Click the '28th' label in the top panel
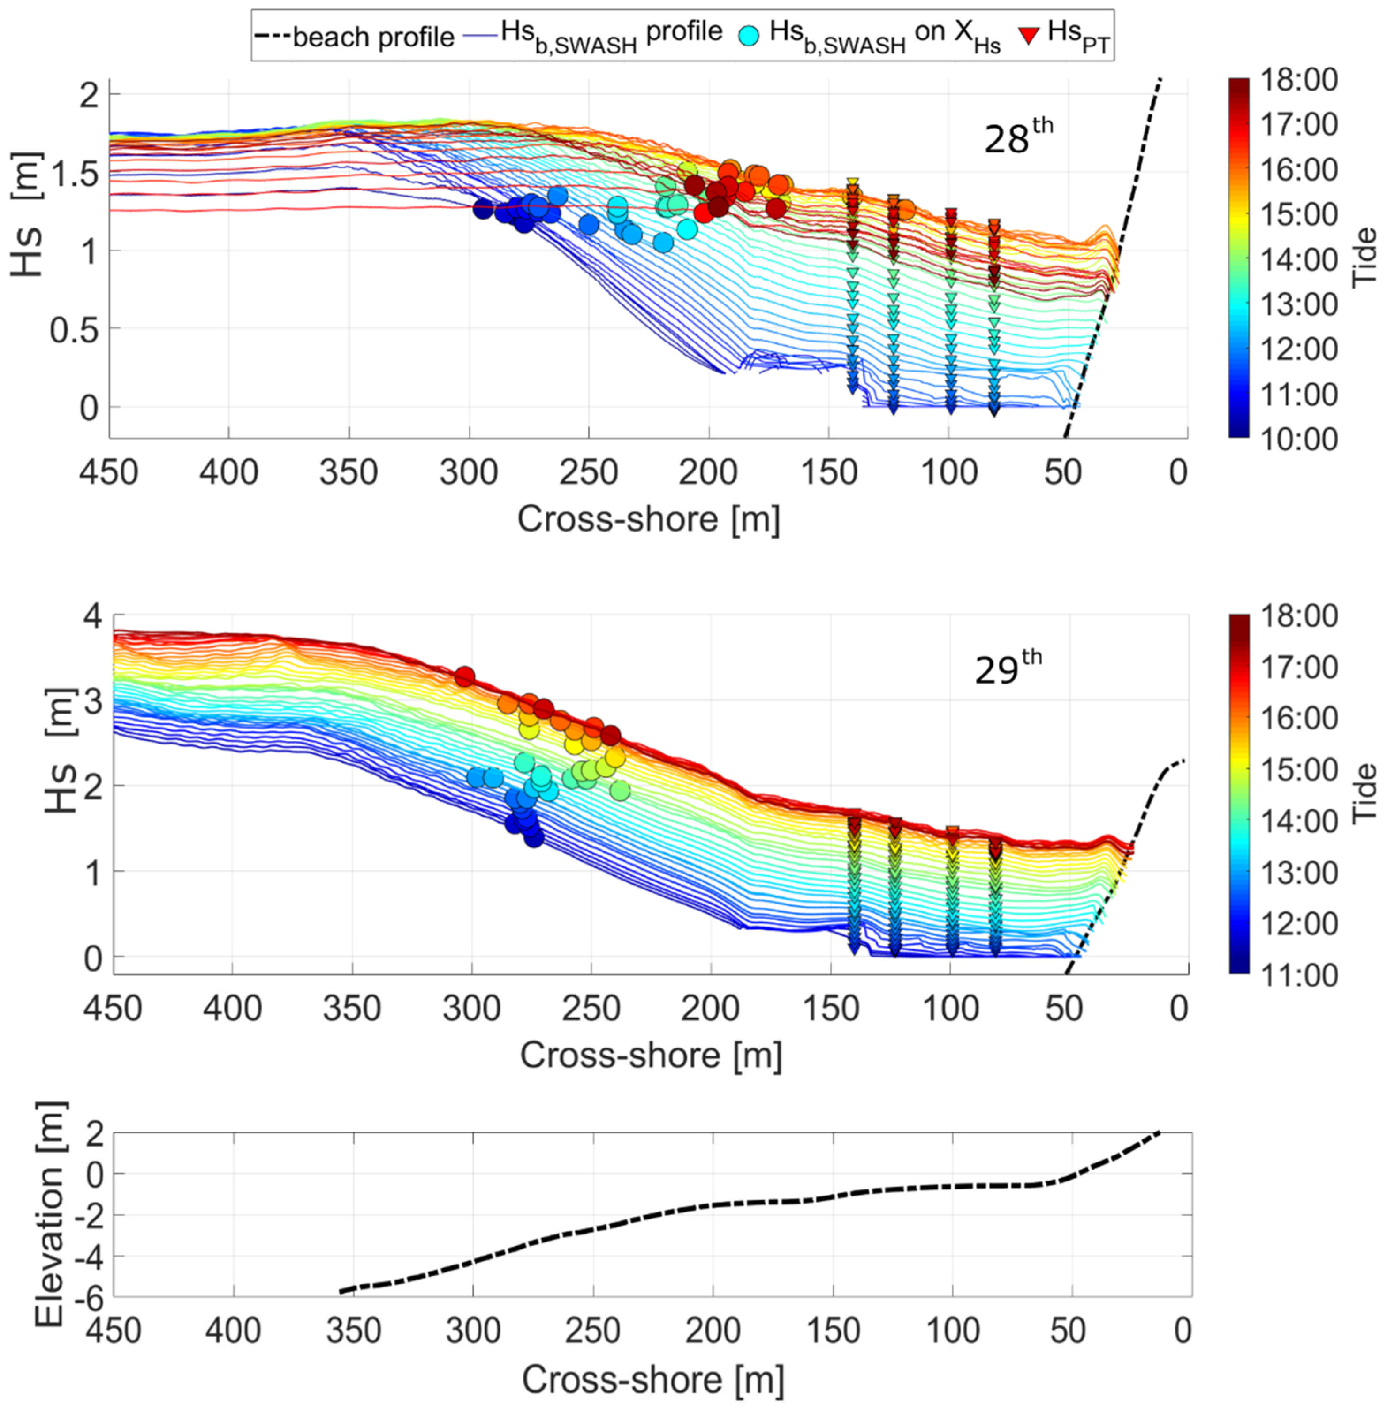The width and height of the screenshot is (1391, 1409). [1017, 138]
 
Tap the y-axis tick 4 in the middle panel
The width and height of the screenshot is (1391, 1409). [93, 617]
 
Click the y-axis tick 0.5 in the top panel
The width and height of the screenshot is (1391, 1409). [73, 330]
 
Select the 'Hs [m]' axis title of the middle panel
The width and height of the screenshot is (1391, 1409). [61, 751]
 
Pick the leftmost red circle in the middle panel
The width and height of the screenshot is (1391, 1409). [464, 677]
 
